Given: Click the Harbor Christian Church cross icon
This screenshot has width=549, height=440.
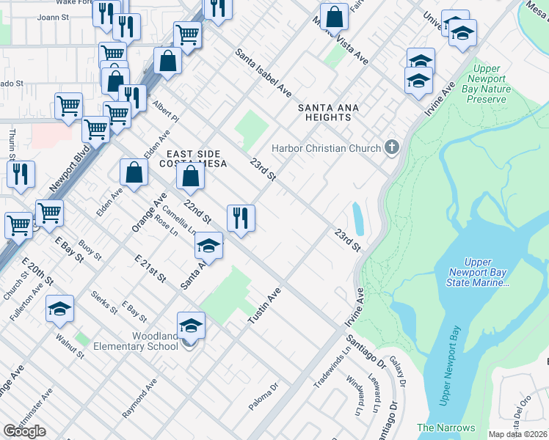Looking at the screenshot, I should point(392,147).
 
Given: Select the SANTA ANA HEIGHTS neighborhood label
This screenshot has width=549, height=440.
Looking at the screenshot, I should point(328,112).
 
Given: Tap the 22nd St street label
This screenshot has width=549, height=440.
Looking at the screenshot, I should point(197,210).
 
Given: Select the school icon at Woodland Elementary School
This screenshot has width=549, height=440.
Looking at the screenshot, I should point(191,326).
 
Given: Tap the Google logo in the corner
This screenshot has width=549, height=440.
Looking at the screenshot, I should point(24,431).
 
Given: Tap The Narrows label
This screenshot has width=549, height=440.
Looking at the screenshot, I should point(446,428).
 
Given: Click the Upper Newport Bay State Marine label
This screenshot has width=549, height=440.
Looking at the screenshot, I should point(487,273).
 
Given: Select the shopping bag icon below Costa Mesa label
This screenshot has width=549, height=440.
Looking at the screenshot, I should point(190,177).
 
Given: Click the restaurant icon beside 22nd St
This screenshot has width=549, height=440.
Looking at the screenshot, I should point(241,218).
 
